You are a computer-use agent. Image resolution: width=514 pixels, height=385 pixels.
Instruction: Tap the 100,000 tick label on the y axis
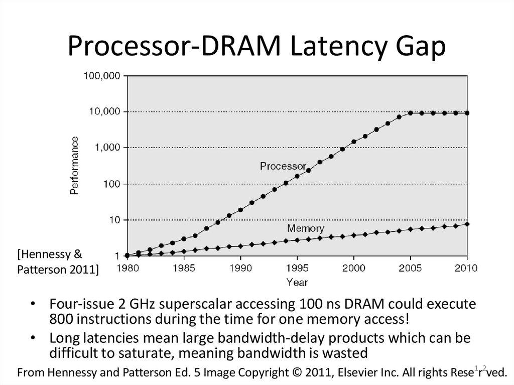point(101,76)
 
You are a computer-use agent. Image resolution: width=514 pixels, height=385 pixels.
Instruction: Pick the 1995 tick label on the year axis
point(297,268)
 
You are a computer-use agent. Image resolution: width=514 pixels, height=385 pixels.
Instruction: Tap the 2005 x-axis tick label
point(411,268)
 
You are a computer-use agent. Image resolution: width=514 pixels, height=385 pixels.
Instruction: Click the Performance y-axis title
point(74,165)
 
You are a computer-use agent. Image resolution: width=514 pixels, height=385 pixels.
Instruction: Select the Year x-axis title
point(297,283)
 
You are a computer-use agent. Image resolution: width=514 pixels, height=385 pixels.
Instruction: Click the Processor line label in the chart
point(283,166)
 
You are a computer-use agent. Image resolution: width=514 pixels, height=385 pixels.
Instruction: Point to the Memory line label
point(305,228)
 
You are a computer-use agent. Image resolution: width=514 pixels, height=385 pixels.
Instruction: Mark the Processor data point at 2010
point(467,113)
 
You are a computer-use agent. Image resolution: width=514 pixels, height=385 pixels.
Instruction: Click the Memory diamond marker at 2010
point(467,224)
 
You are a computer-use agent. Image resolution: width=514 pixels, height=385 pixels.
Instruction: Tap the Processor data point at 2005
point(411,113)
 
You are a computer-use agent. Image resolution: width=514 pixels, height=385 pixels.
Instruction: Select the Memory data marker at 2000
point(354,235)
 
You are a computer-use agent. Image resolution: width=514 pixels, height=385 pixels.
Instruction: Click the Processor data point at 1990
point(240,210)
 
